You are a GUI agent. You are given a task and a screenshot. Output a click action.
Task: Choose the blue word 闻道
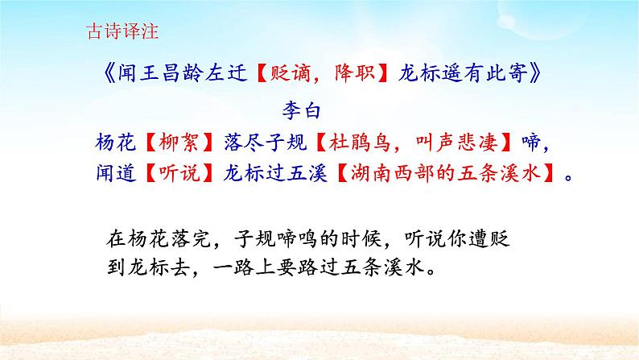coord(113,173)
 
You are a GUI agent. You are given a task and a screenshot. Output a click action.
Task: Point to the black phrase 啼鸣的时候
coord(308,239)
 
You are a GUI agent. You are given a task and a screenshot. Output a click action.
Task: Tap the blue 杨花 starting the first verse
coord(113,141)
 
